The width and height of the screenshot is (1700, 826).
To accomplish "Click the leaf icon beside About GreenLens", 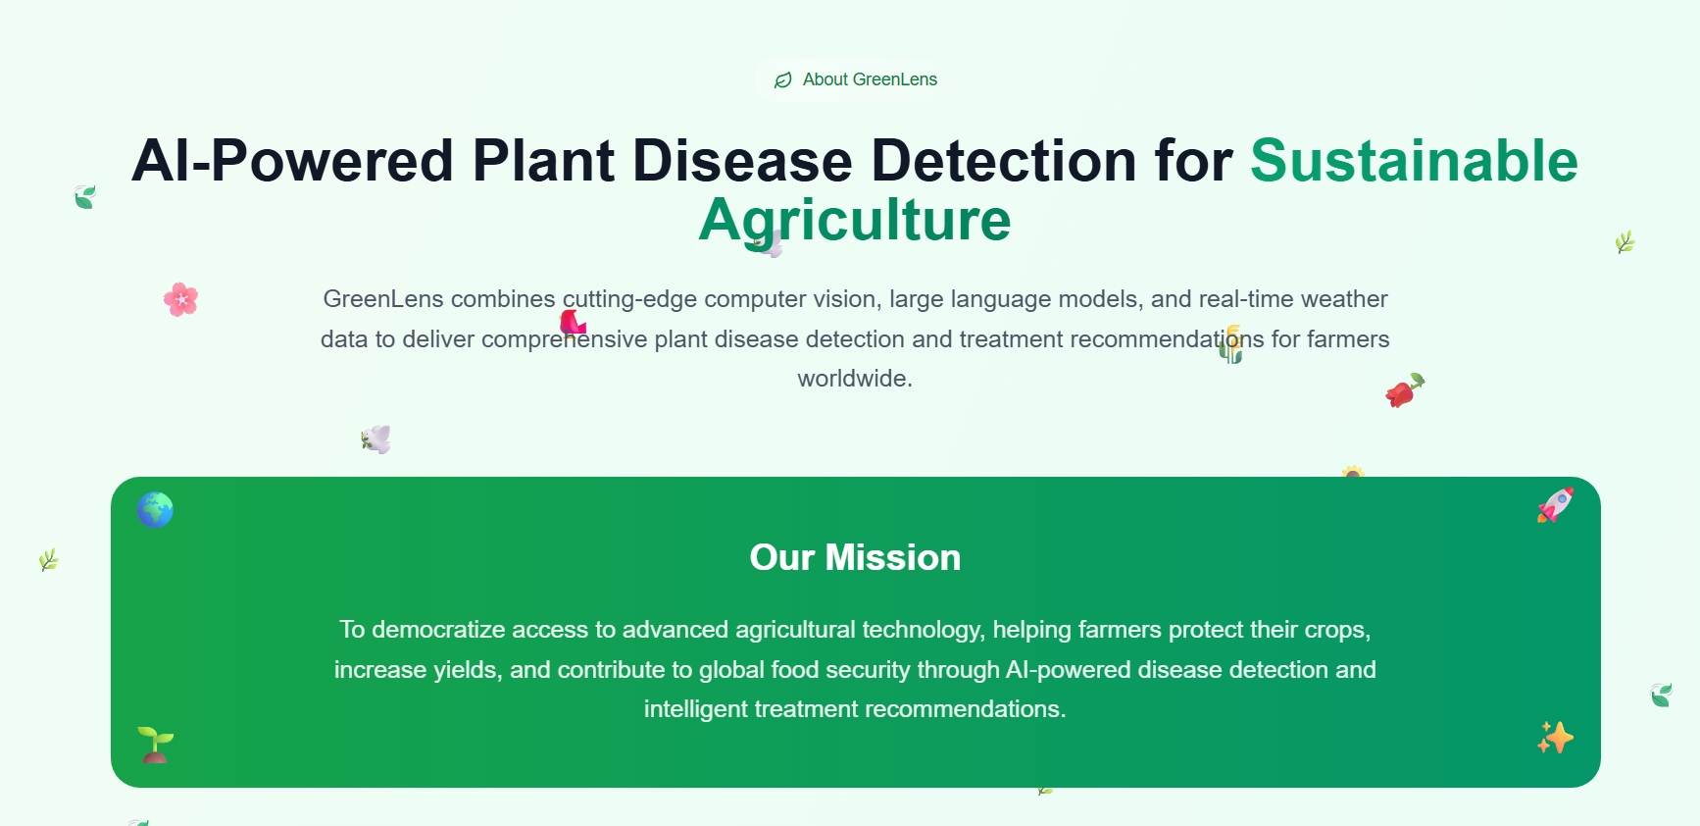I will pos(782,80).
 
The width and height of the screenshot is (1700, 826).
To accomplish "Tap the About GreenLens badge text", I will pos(870,79).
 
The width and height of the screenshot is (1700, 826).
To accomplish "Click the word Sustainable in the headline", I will pos(1413,160).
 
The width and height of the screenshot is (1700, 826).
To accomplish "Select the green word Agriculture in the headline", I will pos(854,220).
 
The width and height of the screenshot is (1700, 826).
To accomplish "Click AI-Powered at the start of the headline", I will pos(292,160).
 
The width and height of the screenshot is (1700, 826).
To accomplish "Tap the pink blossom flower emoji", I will pos(181,299).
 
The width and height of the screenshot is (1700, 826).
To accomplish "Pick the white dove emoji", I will pos(376,439).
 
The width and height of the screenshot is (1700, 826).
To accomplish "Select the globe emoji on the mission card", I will pos(156,510).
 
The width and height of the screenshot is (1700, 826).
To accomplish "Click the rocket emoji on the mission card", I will pos(1555,505).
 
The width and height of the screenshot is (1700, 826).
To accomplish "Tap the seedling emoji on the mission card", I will pos(155,745).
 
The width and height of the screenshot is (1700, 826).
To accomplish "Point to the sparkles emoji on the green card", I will pos(1555,738).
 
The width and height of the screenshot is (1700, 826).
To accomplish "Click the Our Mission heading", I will pos(855,557).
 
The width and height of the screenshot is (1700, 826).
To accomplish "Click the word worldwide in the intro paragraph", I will pos(854,379).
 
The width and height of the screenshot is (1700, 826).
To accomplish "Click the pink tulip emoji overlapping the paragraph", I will pos(573,322).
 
